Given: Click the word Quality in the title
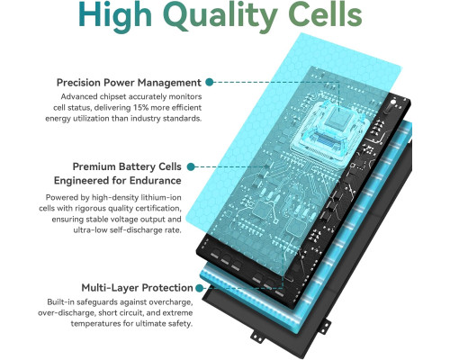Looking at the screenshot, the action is (220, 15).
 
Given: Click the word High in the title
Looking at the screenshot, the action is (115, 16).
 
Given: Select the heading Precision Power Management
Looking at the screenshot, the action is (129, 83).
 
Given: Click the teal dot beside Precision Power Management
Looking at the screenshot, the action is (210, 82).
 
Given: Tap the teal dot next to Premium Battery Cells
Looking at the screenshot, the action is (191, 166).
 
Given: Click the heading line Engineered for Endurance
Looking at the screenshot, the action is (118, 181).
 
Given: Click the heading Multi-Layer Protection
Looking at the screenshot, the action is (137, 288).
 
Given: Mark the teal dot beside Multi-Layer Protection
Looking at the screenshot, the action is (199, 288).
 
